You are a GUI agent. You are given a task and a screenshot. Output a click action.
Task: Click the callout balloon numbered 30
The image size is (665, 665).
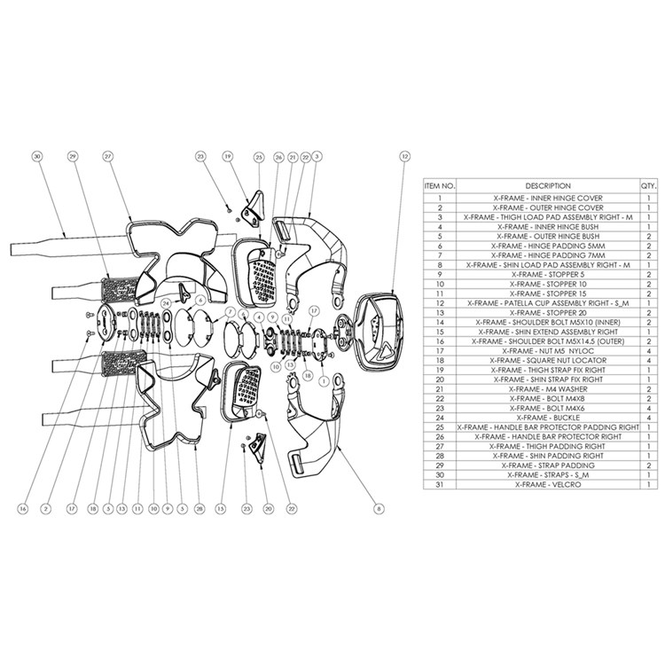tap(38, 157)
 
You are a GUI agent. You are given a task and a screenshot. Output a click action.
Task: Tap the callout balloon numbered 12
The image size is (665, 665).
tap(405, 157)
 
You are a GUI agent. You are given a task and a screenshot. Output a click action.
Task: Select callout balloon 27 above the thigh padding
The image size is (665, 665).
tap(108, 157)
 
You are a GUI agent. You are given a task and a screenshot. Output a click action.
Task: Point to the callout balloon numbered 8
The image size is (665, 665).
tap(379, 509)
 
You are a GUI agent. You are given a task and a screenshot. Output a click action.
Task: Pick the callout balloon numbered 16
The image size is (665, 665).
tap(23, 509)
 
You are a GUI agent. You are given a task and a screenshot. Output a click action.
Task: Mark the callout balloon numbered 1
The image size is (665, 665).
tap(324, 381)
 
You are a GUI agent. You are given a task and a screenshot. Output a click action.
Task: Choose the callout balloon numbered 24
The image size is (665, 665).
tap(167, 303)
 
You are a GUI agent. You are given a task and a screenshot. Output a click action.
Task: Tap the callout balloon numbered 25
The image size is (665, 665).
tap(258, 158)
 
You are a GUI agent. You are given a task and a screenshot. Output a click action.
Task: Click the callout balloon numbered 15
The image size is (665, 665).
tap(221, 509)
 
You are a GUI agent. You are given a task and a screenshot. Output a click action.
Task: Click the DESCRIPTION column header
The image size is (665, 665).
tap(548, 186)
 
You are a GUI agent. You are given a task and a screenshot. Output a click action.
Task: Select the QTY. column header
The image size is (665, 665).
tap(649, 186)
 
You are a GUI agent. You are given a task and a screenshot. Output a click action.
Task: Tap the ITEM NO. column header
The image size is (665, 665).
tap(440, 186)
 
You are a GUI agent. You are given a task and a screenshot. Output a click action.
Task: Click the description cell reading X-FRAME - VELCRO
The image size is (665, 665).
tap(548, 484)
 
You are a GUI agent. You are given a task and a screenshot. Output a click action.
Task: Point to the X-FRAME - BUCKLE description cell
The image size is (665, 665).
tap(548, 418)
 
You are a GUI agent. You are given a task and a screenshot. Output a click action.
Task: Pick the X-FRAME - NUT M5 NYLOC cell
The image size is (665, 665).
tap(548, 351)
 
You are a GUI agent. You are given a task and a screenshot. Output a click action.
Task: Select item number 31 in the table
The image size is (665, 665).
tap(440, 484)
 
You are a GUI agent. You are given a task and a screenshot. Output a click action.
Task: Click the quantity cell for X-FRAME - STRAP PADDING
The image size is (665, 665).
tap(649, 465)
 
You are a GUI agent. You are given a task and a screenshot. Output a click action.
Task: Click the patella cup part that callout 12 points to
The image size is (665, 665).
tap(379, 332)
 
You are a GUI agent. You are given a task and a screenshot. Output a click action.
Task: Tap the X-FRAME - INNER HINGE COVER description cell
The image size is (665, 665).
tap(548, 198)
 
